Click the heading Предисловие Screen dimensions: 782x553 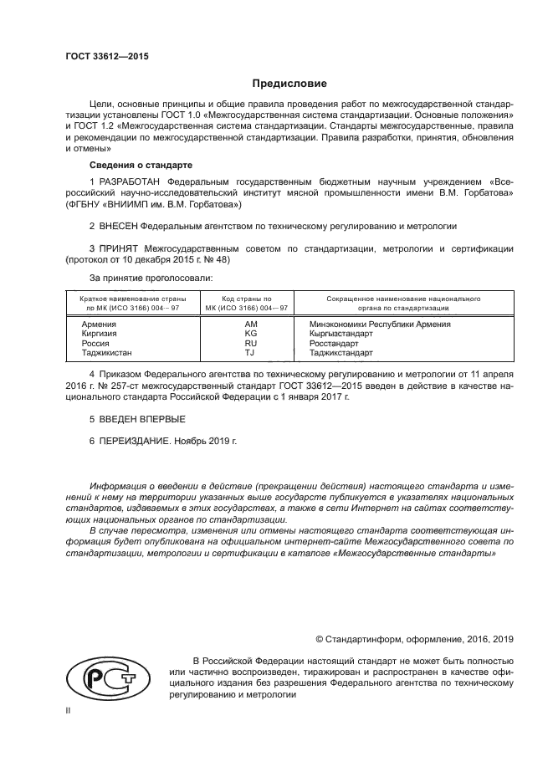click(x=289, y=84)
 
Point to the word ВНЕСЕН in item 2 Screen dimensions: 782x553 click(x=118, y=227)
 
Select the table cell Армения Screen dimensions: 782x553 click(x=100, y=323)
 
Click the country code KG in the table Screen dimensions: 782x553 click(x=249, y=333)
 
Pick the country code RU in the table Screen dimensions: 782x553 click(x=249, y=343)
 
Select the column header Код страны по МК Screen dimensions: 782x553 click(x=247, y=303)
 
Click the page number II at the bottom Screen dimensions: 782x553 click(x=69, y=710)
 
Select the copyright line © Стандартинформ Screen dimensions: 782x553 click(x=414, y=639)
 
